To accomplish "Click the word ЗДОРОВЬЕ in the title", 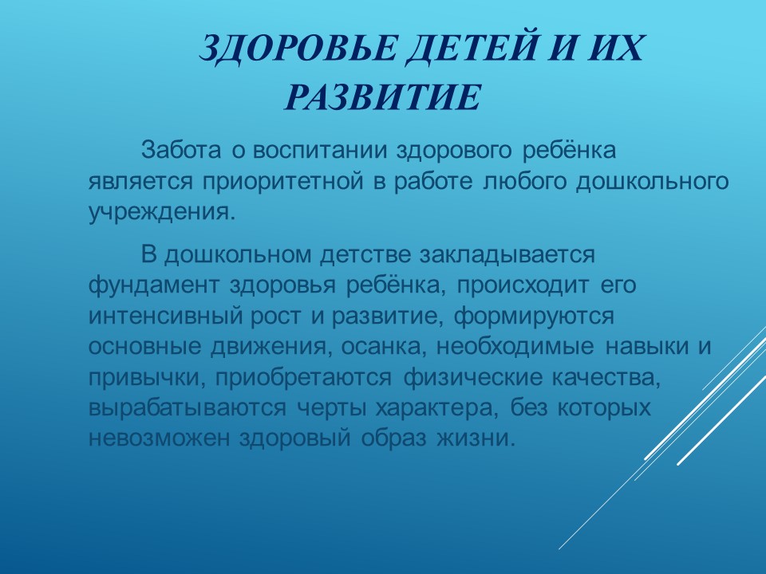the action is (x=297, y=49).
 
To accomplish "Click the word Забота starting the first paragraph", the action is (x=181, y=151).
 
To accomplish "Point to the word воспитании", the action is (x=319, y=151).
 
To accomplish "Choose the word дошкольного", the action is (x=652, y=182).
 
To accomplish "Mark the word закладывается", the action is (x=507, y=254).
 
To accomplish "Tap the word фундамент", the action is (x=154, y=285).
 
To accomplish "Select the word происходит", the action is (x=523, y=285).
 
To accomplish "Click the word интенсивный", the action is (x=166, y=316).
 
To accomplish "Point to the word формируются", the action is (x=534, y=316).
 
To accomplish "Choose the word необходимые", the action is (x=515, y=347).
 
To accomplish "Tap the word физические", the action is (x=473, y=378).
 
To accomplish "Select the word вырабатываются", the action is (x=187, y=408).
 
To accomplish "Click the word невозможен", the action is (x=159, y=438).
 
